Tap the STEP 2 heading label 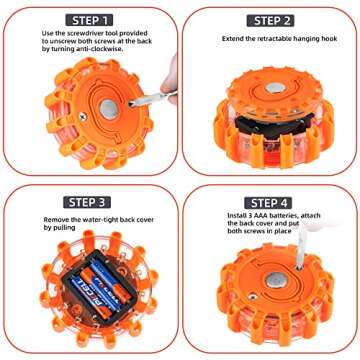270,19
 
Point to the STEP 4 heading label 270,200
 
